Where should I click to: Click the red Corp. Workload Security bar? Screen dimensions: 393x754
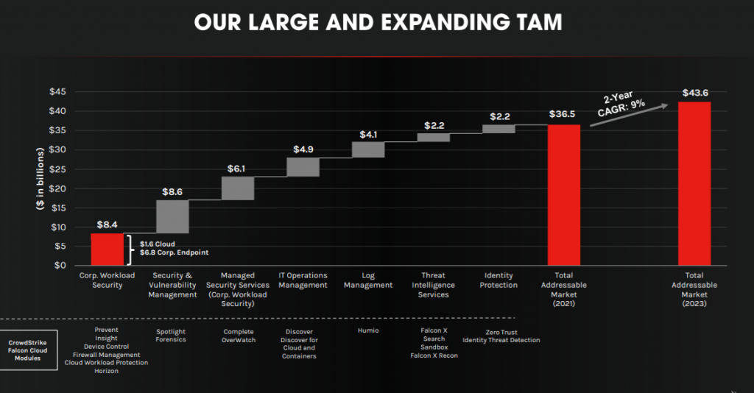tap(107, 249)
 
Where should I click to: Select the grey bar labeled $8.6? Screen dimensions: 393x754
tap(172, 216)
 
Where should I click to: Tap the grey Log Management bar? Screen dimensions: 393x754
tap(368, 149)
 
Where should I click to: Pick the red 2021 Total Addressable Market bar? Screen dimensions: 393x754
tap(564, 194)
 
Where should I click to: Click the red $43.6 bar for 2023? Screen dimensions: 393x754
tap(694, 183)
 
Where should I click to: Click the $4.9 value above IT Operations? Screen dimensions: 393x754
tap(303, 149)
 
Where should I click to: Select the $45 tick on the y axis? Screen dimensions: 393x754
tap(59, 92)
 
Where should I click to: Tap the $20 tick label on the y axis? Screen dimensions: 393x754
tap(59, 188)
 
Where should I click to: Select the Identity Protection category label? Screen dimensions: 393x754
tap(498, 280)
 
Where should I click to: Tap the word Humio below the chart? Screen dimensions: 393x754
tap(368, 331)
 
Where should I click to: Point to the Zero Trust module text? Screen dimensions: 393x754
tap(501, 333)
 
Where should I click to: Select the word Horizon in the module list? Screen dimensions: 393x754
tap(106, 371)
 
